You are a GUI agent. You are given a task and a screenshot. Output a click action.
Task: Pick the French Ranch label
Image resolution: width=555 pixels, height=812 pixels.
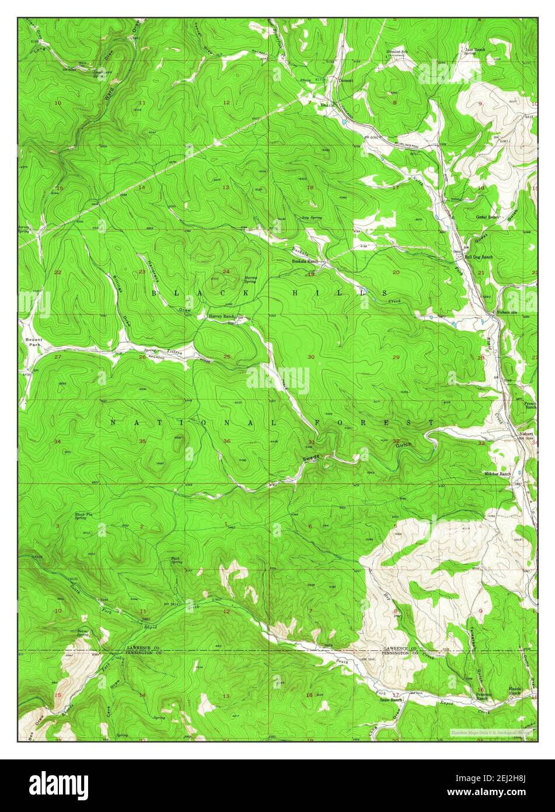pyautogui.click(x=529, y=405)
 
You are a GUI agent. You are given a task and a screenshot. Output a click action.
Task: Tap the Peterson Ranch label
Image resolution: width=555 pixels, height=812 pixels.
pyautogui.click(x=483, y=696)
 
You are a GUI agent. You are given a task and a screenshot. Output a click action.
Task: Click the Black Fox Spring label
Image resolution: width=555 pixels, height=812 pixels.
pyautogui.click(x=81, y=516)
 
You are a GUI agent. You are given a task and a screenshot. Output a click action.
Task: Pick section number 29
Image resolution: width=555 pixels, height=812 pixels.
pyautogui.click(x=396, y=357)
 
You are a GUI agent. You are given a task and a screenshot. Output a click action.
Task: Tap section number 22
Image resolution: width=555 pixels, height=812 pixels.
pyautogui.click(x=57, y=273)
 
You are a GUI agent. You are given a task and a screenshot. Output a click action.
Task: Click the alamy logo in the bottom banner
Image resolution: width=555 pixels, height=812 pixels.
pyautogui.click(x=59, y=784)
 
